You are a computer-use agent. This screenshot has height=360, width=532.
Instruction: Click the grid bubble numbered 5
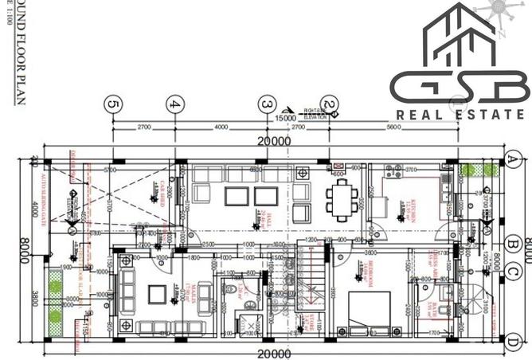114,104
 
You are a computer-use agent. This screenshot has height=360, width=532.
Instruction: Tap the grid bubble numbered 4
175,104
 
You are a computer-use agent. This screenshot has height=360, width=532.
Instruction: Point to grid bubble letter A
514,158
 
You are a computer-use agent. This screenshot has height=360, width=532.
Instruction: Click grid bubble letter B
514,244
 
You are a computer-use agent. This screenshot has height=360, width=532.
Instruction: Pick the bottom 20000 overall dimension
273,353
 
